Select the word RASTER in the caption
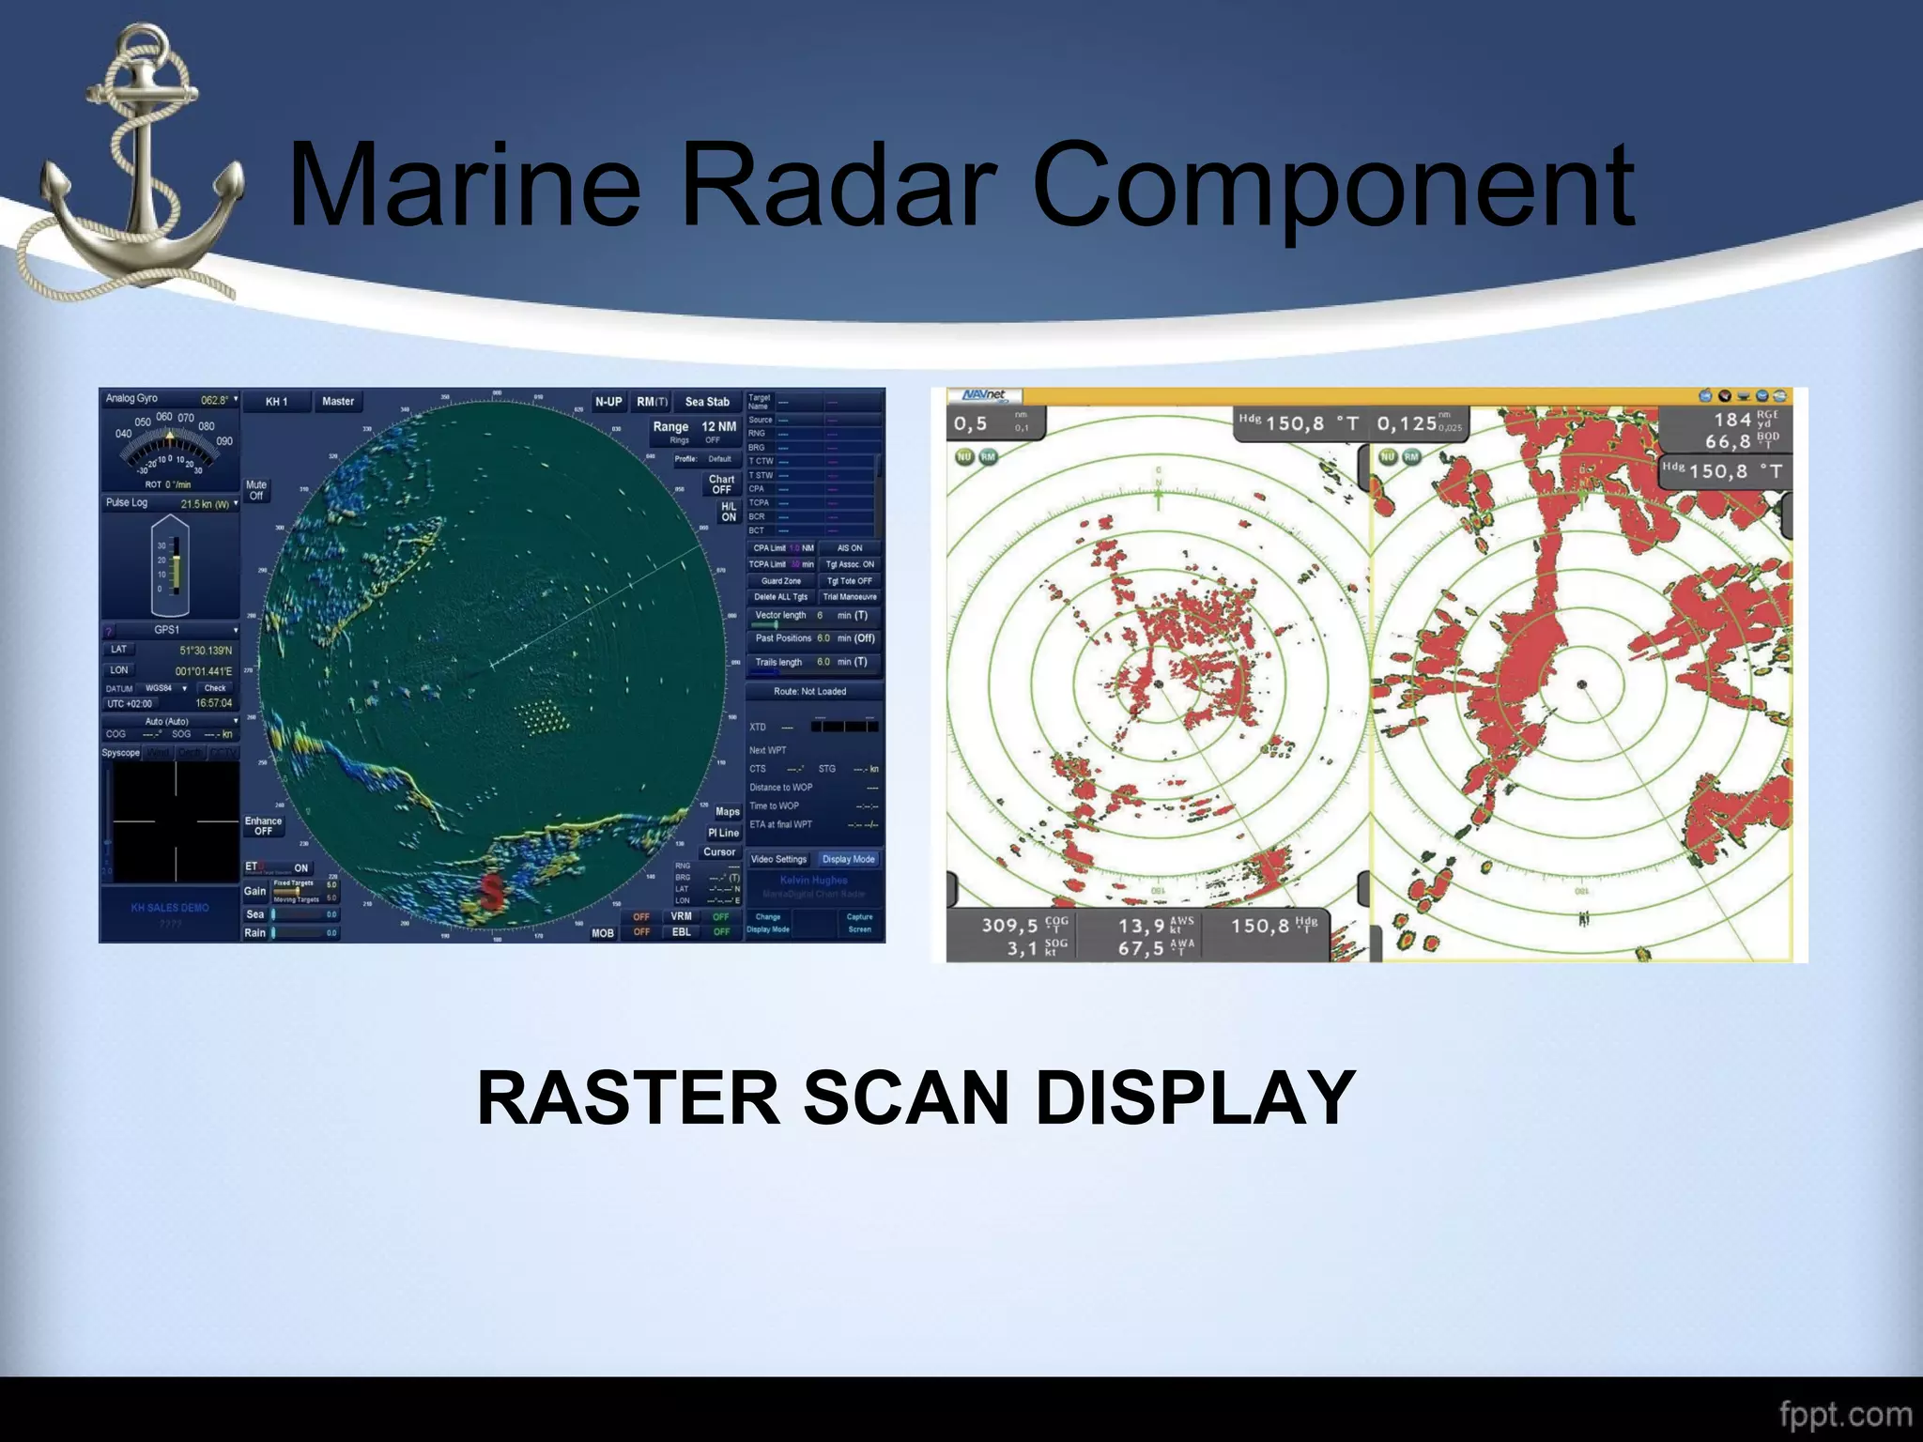coord(628,1097)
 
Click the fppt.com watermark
coord(1845,1414)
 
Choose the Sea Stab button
coord(707,402)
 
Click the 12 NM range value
coord(719,427)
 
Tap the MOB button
coord(602,933)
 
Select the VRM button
coord(681,916)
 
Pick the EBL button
coord(681,932)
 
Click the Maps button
coord(727,811)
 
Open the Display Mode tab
coord(848,859)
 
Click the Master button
coord(338,402)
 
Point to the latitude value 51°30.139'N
coord(206,651)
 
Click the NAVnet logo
coord(983,396)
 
